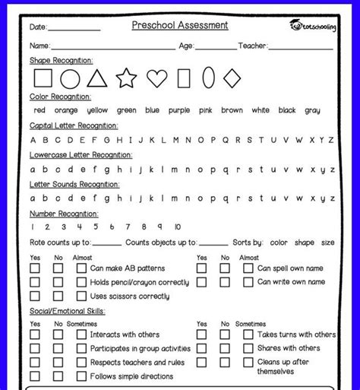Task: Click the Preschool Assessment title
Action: (x=179, y=25)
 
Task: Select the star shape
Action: (x=126, y=78)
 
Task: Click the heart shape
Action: (x=156, y=78)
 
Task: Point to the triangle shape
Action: (x=96, y=78)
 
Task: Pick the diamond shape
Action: (x=232, y=78)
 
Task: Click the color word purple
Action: (x=179, y=110)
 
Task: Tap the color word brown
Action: (x=232, y=110)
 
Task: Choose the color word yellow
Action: (x=98, y=110)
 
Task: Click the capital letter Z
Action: (x=331, y=140)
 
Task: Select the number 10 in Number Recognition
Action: (x=178, y=227)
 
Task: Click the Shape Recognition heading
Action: (x=62, y=60)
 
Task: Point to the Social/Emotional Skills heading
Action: (x=68, y=311)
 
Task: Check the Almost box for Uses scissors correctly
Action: (x=81, y=296)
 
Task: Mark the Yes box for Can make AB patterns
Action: (x=35, y=268)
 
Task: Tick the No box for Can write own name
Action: (x=225, y=282)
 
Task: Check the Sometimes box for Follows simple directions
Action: (x=81, y=376)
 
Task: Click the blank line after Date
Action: (x=74, y=29)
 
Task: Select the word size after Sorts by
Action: (x=327, y=243)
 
